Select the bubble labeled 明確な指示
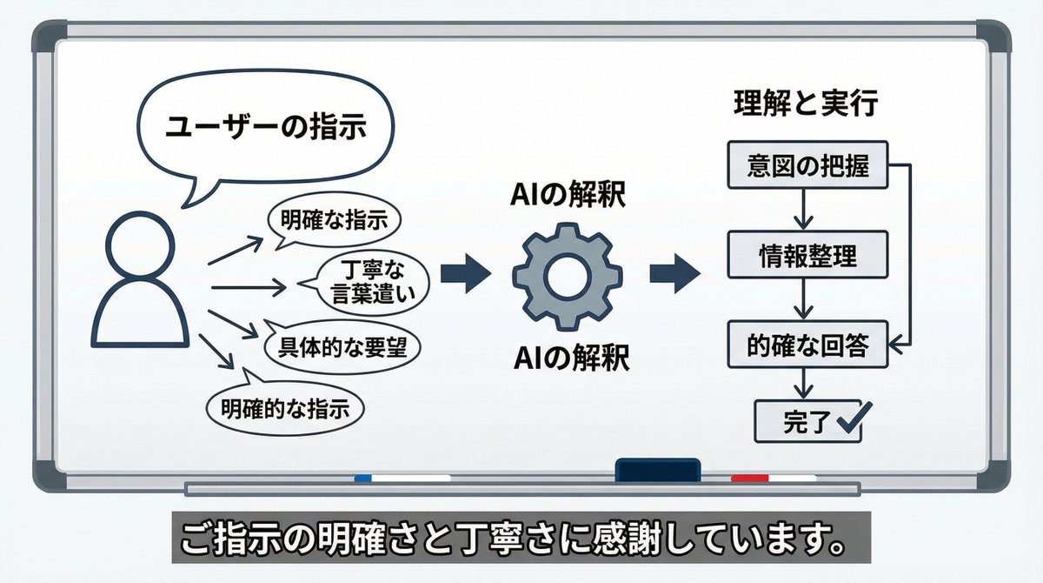click(x=334, y=220)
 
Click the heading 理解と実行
click(x=803, y=105)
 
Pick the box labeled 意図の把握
click(x=807, y=164)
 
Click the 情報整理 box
click(x=807, y=255)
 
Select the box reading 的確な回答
click(x=807, y=346)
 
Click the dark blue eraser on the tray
click(x=657, y=470)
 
